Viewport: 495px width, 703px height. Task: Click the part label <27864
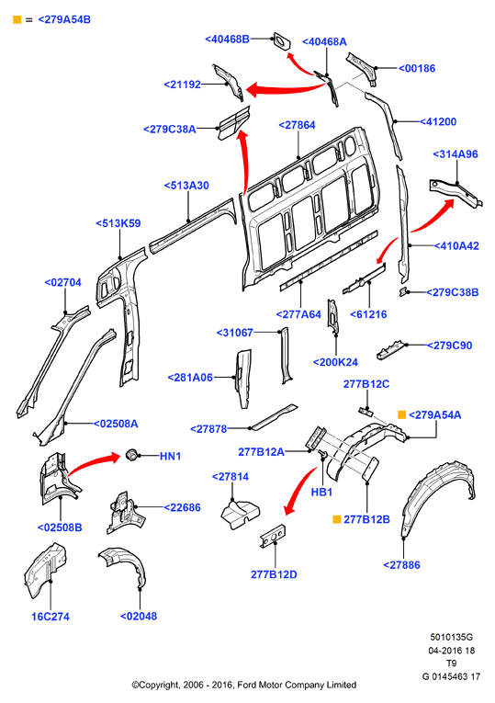tap(297, 125)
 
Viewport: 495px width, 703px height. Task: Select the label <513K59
tap(118, 223)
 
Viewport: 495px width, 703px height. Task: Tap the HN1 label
tap(170, 456)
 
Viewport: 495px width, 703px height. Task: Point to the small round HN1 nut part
tap(130, 454)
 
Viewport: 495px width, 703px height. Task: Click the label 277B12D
tap(274, 574)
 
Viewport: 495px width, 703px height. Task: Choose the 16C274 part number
tap(51, 617)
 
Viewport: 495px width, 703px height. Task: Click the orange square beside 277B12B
tap(337, 519)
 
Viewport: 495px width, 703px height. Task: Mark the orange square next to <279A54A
tap(402, 414)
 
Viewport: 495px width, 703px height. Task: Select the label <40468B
tap(227, 39)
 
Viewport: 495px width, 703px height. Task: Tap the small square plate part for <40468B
tap(281, 40)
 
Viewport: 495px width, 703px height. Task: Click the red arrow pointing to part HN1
tap(94, 462)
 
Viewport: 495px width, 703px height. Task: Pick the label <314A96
tap(456, 154)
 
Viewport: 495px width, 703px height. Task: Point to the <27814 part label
tap(231, 477)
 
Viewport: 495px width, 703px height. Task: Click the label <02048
tap(139, 616)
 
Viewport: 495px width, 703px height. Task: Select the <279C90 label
tap(449, 346)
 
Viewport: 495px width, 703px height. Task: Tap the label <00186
tap(417, 68)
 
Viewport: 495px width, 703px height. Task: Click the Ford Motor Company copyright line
tap(244, 685)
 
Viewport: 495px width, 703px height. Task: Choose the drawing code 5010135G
tap(452, 637)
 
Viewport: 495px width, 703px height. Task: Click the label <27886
tap(402, 565)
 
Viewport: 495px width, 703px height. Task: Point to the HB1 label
tap(321, 493)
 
